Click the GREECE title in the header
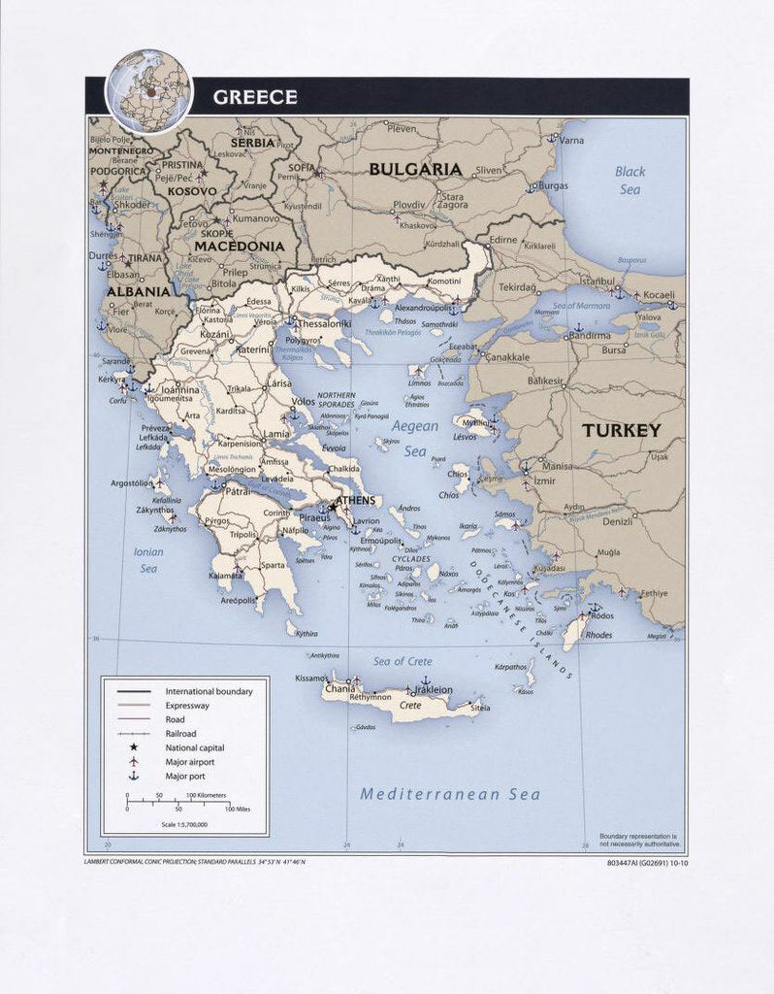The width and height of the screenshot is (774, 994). (x=254, y=97)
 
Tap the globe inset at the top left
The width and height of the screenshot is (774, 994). (x=148, y=90)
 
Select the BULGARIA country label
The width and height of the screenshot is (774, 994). (x=415, y=169)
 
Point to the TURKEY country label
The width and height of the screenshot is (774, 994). (x=620, y=430)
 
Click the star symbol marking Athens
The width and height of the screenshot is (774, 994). (x=333, y=507)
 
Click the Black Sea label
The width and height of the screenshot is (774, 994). (x=629, y=181)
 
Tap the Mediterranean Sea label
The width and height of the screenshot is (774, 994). (x=450, y=794)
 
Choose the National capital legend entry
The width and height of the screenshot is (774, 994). (x=194, y=747)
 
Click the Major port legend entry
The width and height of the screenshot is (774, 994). (x=185, y=777)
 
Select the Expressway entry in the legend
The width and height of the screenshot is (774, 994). (x=187, y=706)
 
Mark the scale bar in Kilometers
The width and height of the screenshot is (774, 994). (x=178, y=801)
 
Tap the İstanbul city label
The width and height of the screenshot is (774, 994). (x=597, y=281)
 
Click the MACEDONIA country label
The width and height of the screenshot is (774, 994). (x=239, y=247)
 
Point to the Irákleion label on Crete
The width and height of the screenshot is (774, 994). (x=433, y=690)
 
